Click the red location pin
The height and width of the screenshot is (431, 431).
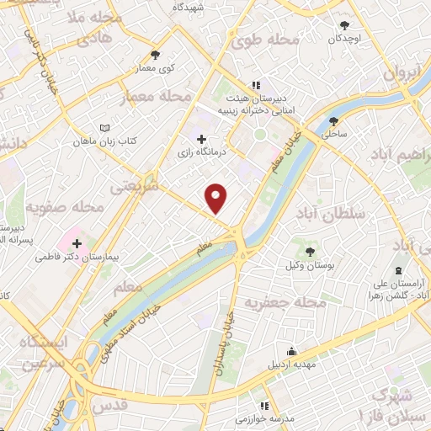pyautogui.click(x=217, y=197)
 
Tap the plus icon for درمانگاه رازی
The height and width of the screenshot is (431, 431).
pyautogui.click(x=200, y=138)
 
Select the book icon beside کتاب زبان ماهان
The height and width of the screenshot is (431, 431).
pyautogui.click(x=104, y=127)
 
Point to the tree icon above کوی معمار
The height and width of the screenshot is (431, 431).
pyautogui.click(x=155, y=54)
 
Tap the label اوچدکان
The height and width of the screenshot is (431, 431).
pyautogui.click(x=346, y=38)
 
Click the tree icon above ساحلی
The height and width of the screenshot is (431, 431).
pyautogui.click(x=334, y=120)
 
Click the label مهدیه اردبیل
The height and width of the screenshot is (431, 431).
pyautogui.click(x=291, y=364)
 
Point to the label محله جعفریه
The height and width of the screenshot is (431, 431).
pyautogui.click(x=283, y=301)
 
